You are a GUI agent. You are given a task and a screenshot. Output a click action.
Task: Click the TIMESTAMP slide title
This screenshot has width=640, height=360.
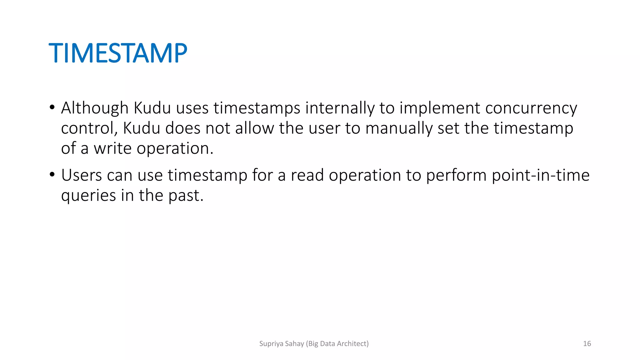(118, 53)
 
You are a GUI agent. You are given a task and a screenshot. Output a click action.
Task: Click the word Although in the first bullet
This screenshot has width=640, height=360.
(95, 108)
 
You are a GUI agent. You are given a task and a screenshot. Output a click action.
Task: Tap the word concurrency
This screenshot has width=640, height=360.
(531, 108)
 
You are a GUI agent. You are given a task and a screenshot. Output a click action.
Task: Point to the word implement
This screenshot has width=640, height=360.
(440, 108)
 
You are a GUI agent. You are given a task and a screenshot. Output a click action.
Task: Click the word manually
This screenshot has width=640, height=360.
(399, 128)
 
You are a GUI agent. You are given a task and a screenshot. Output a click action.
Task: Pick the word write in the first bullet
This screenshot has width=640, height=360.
(112, 148)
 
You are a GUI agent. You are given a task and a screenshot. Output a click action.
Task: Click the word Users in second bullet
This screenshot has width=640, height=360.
(81, 175)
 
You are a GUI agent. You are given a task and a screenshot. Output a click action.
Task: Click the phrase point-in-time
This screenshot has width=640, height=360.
(541, 175)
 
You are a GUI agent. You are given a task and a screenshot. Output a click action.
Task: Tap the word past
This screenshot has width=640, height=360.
(186, 196)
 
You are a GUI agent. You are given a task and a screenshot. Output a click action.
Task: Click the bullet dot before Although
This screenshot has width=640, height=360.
(52, 107)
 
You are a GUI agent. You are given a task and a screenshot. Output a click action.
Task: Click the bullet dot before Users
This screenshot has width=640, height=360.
(52, 175)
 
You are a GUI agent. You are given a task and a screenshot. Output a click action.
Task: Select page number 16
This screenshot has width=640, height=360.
(587, 344)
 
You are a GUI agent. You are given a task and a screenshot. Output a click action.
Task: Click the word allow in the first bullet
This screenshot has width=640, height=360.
(254, 128)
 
